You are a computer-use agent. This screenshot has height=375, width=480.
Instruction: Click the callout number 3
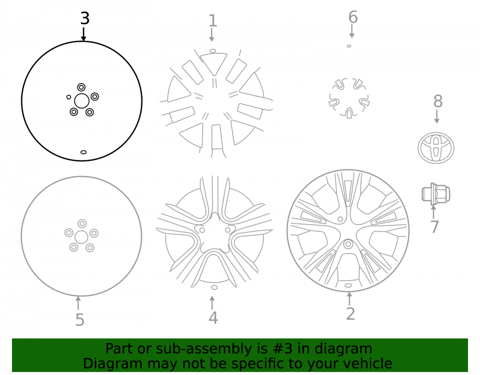85,18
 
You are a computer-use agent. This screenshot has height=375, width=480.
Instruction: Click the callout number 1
213,21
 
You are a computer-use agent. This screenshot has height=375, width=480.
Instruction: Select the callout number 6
353,17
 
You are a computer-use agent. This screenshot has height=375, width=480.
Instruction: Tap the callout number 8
438,101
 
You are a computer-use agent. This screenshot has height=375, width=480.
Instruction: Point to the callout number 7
434,227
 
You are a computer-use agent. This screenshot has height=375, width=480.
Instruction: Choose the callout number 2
350,314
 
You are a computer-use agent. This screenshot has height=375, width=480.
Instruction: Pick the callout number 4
213,318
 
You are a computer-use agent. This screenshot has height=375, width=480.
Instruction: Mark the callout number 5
80,320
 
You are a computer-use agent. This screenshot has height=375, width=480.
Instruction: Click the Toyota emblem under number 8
436,148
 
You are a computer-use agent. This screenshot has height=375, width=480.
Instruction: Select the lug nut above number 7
436,194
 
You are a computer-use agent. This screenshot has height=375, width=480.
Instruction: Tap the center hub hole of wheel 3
82,101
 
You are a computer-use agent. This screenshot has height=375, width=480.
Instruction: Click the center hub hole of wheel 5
82,237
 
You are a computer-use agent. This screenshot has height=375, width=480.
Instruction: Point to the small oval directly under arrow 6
349,46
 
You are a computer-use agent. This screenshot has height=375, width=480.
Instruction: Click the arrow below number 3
83,34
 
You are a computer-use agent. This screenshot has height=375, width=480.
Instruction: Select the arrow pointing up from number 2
349,299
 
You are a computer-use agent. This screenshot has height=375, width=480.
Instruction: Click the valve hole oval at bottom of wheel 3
83,152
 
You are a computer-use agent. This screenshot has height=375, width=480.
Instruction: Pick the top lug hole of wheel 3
81,87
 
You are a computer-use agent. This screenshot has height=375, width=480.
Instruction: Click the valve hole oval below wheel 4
214,288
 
